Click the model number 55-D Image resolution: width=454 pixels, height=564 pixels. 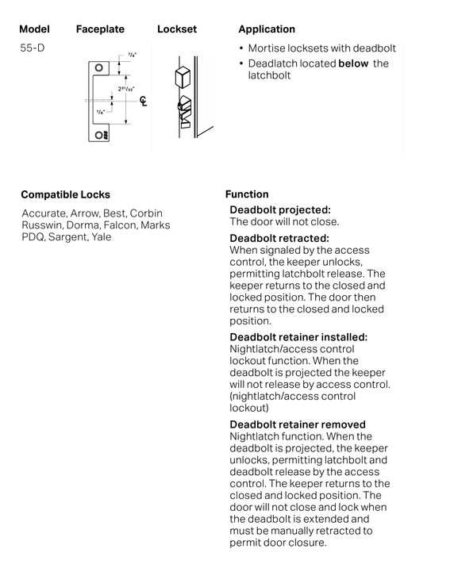(32, 48)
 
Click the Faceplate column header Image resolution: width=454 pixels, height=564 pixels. (100, 29)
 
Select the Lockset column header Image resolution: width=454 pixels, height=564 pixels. (176, 29)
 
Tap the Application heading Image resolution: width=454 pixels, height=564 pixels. (267, 29)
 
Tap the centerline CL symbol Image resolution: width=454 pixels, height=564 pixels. (144, 101)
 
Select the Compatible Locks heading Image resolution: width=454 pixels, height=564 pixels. (65, 194)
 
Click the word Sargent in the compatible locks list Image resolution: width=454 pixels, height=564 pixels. (67, 236)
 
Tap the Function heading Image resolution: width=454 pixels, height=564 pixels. (247, 194)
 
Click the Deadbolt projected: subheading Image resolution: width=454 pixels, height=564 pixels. (279, 210)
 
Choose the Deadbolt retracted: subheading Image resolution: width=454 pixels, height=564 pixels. (279, 238)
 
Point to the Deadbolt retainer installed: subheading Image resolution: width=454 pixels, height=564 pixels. (298, 337)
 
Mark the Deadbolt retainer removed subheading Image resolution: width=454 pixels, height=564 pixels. (298, 425)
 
